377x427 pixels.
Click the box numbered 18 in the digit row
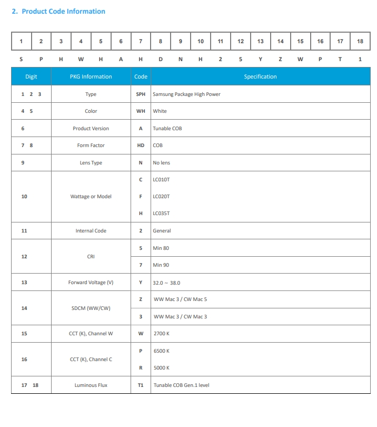[x=360, y=41]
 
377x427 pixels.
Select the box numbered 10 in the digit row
[x=201, y=41]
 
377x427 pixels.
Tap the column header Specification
[x=260, y=77]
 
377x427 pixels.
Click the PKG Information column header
[x=91, y=77]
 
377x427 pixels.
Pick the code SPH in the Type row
[x=141, y=94]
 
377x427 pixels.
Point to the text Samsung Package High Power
[x=186, y=94]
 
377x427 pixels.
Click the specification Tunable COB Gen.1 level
[x=181, y=385]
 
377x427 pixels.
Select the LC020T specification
[x=161, y=197]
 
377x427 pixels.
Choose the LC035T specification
[x=161, y=213]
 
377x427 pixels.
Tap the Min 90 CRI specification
[x=161, y=265]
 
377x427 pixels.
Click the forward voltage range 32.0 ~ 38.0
[x=166, y=283]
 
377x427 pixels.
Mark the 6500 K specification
[x=161, y=351]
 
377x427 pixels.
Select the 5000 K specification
[x=161, y=368]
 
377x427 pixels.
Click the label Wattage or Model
[x=91, y=197]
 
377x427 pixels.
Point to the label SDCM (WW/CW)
[x=91, y=308]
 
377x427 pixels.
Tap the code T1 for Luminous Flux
[x=141, y=385]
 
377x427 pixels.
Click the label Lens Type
[x=91, y=163]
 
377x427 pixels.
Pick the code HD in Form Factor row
[x=141, y=145]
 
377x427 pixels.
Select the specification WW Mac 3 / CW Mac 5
[x=180, y=299]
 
